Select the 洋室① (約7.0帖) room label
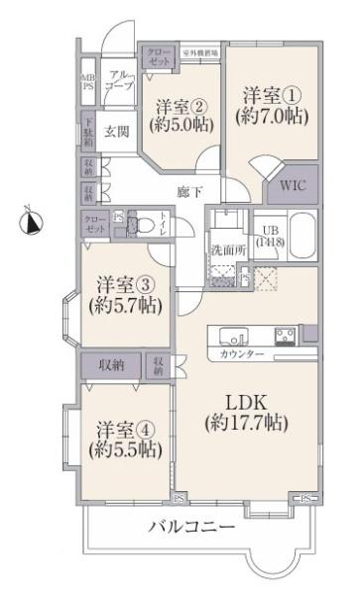(275, 104)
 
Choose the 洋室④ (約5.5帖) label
(123, 439)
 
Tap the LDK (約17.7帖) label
(245, 413)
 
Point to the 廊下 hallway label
(190, 191)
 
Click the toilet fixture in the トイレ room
(133, 226)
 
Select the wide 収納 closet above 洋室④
(111, 365)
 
